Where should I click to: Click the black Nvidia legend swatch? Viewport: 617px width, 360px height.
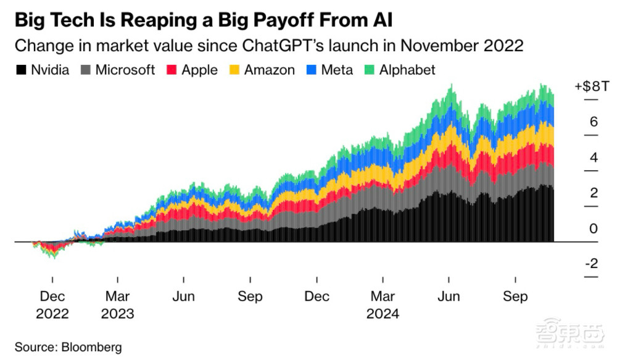tap(20, 70)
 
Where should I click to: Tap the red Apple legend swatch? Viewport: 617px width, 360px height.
tap(172, 70)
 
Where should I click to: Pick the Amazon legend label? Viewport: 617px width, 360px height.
tap(269, 70)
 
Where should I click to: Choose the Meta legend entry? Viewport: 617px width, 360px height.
tap(337, 70)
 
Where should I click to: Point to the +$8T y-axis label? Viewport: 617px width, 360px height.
tap(590, 86)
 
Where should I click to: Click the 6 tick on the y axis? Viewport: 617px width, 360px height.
tap(594, 122)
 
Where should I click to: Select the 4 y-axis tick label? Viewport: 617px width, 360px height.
tap(594, 157)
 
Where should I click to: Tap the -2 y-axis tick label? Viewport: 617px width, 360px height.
tap(591, 264)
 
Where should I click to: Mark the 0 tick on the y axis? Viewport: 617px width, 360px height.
tap(594, 228)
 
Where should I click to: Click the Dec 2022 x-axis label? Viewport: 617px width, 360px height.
tap(52, 305)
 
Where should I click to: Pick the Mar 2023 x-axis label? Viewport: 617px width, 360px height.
tap(117, 305)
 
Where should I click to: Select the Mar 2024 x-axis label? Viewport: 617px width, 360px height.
tap(383, 305)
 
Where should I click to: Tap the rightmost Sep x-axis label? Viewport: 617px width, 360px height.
tap(515, 297)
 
